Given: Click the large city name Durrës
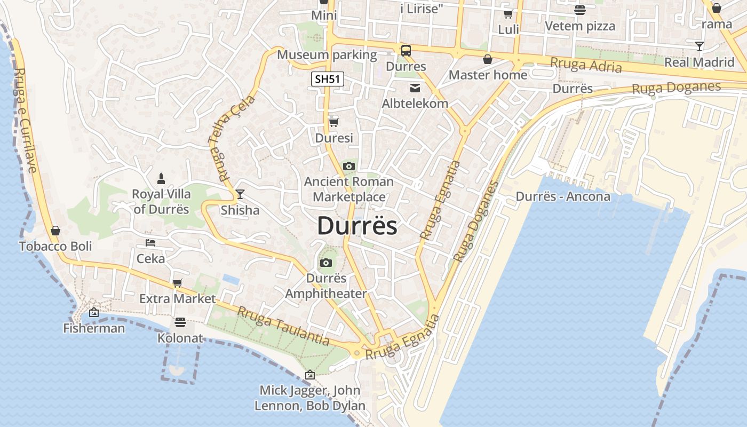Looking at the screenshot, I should click(x=357, y=226).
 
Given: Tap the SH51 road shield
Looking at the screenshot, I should click(x=328, y=80).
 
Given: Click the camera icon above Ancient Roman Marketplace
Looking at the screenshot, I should click(x=349, y=167).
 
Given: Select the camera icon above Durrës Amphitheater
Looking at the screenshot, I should click(x=326, y=263).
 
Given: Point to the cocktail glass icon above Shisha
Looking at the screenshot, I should click(x=240, y=194).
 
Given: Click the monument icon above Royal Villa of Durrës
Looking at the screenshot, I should click(x=161, y=179).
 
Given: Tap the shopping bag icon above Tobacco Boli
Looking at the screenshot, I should click(x=55, y=231).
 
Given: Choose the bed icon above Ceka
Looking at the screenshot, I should click(x=150, y=243).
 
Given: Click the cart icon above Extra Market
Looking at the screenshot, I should click(x=177, y=283).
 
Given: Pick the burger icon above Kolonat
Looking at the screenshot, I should click(x=180, y=322).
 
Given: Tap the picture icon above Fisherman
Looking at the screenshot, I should click(x=94, y=312).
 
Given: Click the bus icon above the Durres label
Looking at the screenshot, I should click(x=406, y=51).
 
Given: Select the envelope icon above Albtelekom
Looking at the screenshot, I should click(x=415, y=88).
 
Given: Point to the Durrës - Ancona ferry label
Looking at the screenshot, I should click(x=563, y=196).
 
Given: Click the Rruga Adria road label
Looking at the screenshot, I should click(x=586, y=65).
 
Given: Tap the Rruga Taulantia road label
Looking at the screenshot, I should click(x=283, y=326).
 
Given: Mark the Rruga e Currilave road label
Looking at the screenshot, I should click(x=25, y=120).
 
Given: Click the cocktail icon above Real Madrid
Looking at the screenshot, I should click(x=700, y=46).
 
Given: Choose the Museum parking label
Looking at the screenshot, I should click(x=327, y=55).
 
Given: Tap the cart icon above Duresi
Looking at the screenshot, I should click(x=334, y=122).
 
